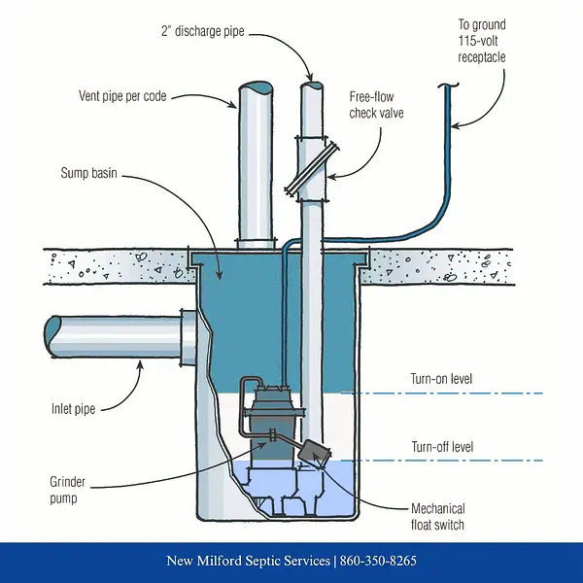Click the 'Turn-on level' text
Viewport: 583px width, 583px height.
(x=444, y=378)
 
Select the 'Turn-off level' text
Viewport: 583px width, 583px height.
(x=443, y=446)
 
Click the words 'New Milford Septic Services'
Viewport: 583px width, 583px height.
(x=248, y=562)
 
